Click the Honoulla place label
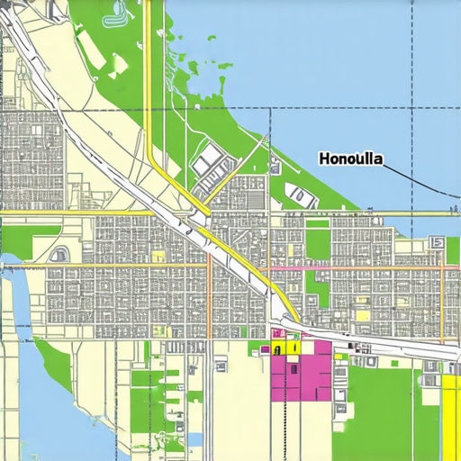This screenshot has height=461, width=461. point(350,158)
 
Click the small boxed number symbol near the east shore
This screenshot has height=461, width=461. point(438,242)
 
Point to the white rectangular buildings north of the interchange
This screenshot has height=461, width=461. point(211,163)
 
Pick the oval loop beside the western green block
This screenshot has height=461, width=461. point(59,255)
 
